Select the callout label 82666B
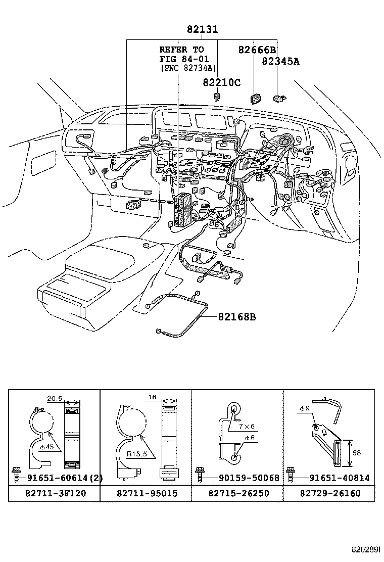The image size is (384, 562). point(257,50)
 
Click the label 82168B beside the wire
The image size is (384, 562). point(236,317)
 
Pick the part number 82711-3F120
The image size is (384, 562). point(54,493)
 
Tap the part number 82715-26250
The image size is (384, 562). point(237,493)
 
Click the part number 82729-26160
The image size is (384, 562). point(329,493)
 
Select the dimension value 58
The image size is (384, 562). point(356,453)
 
